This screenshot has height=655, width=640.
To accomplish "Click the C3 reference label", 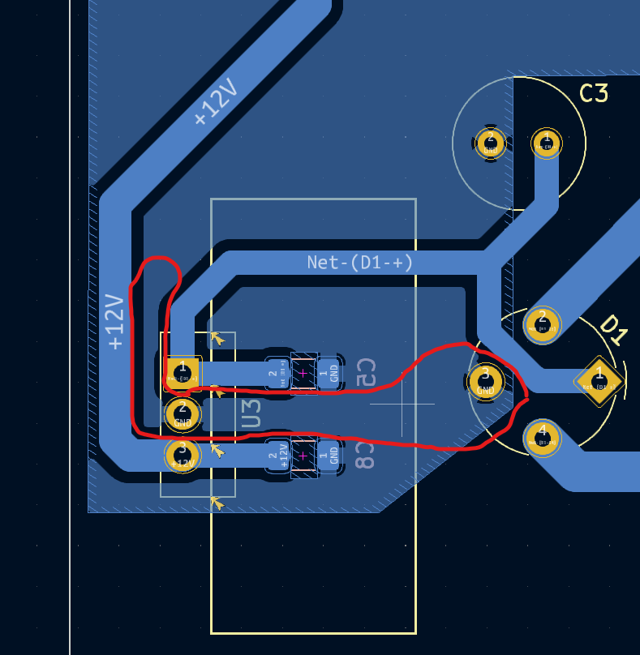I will (x=593, y=94).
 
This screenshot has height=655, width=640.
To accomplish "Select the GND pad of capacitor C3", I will (x=490, y=143).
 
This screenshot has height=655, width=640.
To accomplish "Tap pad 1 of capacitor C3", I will (x=546, y=143).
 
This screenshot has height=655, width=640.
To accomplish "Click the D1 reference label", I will (x=613, y=331).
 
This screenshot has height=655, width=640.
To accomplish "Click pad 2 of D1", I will (x=543, y=323).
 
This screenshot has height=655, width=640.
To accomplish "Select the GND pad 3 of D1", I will (x=485, y=380).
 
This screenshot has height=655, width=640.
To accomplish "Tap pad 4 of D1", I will (x=542, y=437).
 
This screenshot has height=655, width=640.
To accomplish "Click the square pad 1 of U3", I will (x=183, y=372).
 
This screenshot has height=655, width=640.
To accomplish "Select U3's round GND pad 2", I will (x=183, y=413).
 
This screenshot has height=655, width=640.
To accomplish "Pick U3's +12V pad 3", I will (x=183, y=455).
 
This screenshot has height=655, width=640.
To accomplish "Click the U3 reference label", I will (x=251, y=413).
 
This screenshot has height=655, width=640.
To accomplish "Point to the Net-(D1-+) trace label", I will (x=359, y=262).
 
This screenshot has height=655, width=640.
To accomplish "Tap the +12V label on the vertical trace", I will (x=115, y=322).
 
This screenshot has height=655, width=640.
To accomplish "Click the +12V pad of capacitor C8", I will (x=278, y=456).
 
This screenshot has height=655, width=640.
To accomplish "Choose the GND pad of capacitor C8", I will (x=329, y=456).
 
